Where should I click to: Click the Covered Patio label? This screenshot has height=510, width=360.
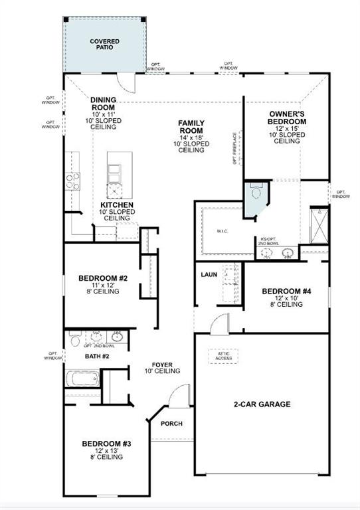tap(105, 44)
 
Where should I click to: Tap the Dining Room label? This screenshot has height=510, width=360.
tap(104, 104)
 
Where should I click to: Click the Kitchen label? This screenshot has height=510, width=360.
tap(117, 205)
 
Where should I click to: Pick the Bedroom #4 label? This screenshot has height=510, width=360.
tap(286, 292)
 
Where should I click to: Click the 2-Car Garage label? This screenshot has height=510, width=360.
tap(261, 404)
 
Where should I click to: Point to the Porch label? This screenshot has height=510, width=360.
tap(171, 424)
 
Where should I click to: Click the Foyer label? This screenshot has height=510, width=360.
tap(163, 365)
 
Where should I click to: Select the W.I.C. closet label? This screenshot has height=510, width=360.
tap(222, 232)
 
